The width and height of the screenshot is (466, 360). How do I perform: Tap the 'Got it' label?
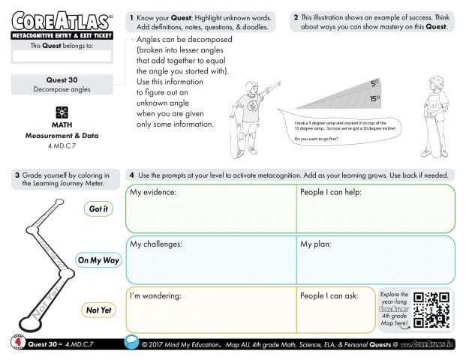pyautogui.click(x=98, y=209)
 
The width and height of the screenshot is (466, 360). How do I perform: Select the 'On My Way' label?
pyautogui.click(x=98, y=260)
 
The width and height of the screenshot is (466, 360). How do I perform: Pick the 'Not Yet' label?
pyautogui.click(x=98, y=310)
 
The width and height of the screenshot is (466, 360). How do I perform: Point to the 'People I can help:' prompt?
pyautogui.click(x=331, y=193)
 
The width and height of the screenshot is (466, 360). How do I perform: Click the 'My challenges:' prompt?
pyautogui.click(x=158, y=244)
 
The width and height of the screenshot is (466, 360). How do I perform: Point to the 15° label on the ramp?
pyautogui.click(x=374, y=98)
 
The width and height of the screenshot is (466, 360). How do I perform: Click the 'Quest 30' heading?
pyautogui.click(x=62, y=79)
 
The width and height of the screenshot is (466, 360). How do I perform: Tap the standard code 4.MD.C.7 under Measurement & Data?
pyautogui.click(x=62, y=144)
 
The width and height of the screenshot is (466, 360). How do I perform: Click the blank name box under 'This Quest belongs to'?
pyautogui.click(x=62, y=55)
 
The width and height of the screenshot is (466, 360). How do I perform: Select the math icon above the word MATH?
pyautogui.click(x=62, y=112)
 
